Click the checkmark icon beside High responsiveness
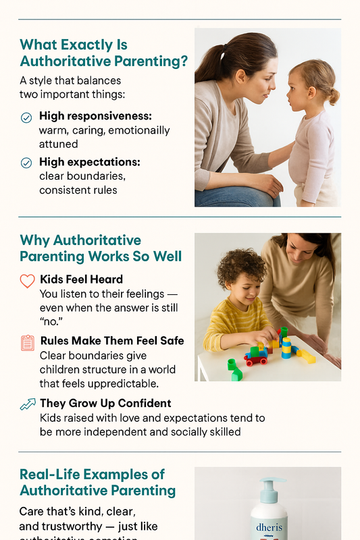coord(26,117)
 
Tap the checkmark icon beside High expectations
coord(26,163)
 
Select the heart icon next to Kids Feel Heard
coord(27,280)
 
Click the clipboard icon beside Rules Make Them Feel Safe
coord(27,342)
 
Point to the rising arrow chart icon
coord(28,404)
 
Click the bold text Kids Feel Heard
coord(81,279)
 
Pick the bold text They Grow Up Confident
coord(105,403)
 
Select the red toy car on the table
coord(256,358)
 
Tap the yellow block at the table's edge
coord(305,356)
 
